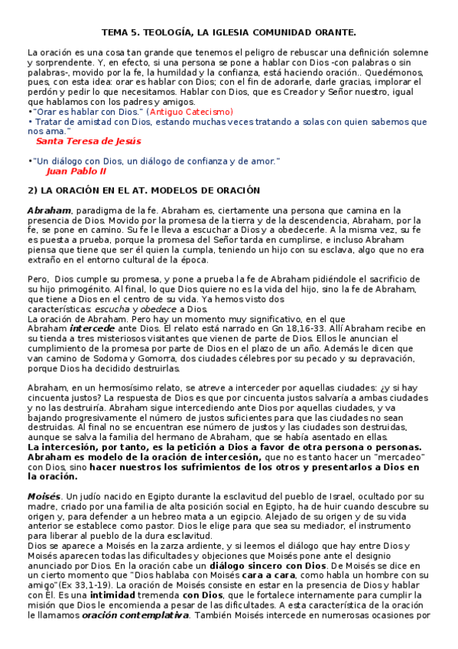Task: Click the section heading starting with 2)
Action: tap(143, 190)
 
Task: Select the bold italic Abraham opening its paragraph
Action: tap(49, 210)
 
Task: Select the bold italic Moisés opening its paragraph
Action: tap(44, 497)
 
